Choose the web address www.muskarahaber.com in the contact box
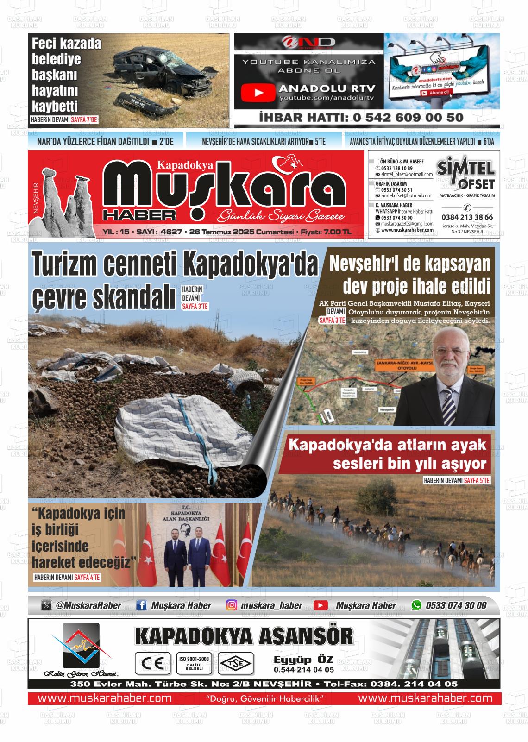[407, 230]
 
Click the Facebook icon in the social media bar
[142, 605]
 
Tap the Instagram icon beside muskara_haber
[232, 605]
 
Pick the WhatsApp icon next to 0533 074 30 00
[417, 605]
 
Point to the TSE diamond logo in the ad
[236, 664]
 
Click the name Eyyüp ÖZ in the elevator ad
[303, 659]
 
